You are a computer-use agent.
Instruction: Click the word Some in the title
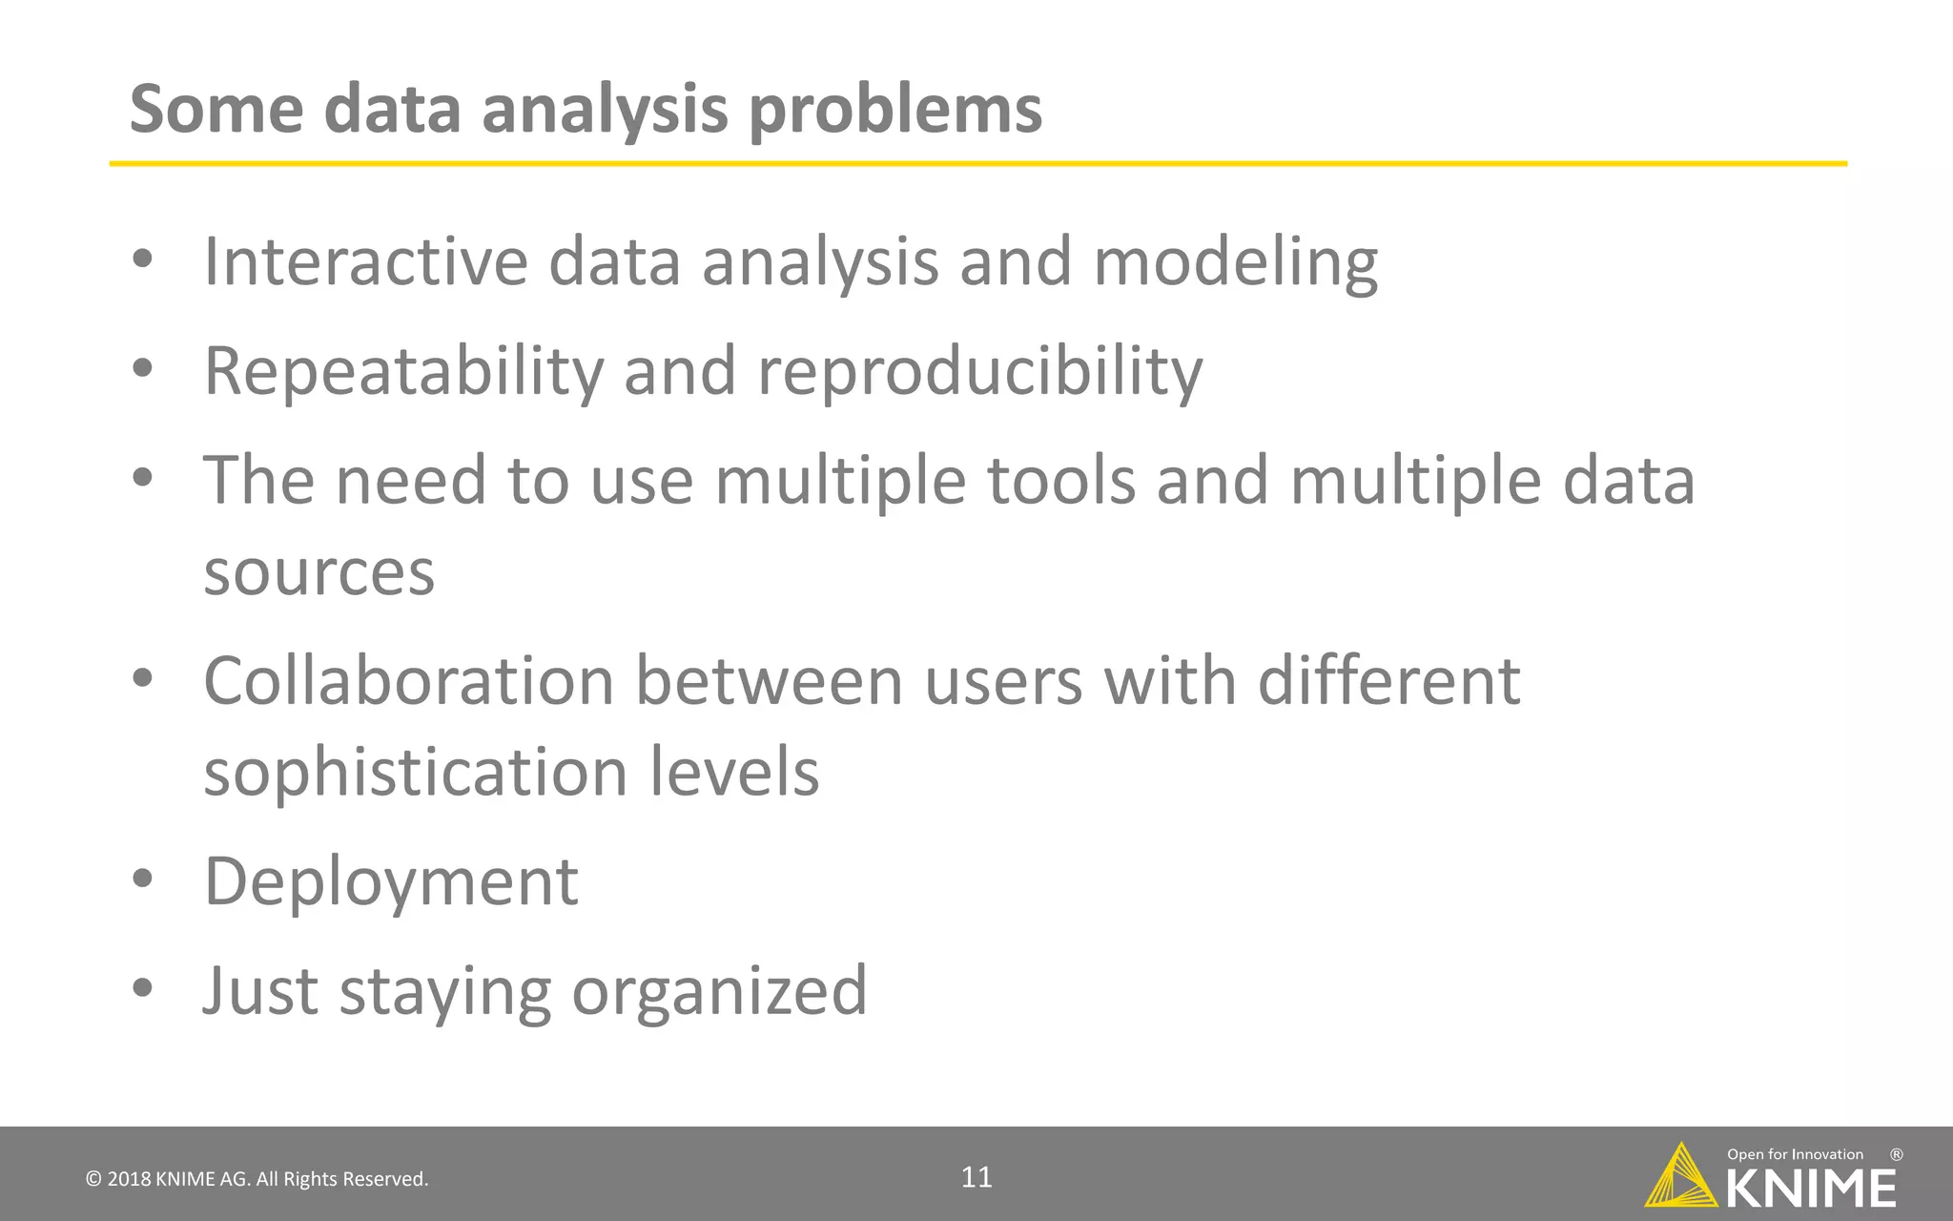coord(216,109)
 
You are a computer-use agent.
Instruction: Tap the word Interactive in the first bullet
coord(366,261)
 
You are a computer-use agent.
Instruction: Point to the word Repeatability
coord(403,372)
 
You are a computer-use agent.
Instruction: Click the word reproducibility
coord(979,372)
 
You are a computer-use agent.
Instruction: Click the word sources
coord(319,573)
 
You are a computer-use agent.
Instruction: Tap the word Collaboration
coord(409,681)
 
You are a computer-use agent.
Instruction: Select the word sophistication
coord(416,773)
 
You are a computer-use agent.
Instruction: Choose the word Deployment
coord(391,881)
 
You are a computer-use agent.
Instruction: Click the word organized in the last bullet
coord(719,992)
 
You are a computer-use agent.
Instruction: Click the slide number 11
coord(976,1177)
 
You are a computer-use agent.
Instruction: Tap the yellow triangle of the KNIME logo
coord(1680,1179)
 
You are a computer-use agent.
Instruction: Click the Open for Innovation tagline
coord(1795,1154)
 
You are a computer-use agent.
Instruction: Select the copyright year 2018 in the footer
coord(129,1179)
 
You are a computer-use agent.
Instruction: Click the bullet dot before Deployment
coord(142,880)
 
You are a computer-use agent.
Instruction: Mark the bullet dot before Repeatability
coord(142,369)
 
